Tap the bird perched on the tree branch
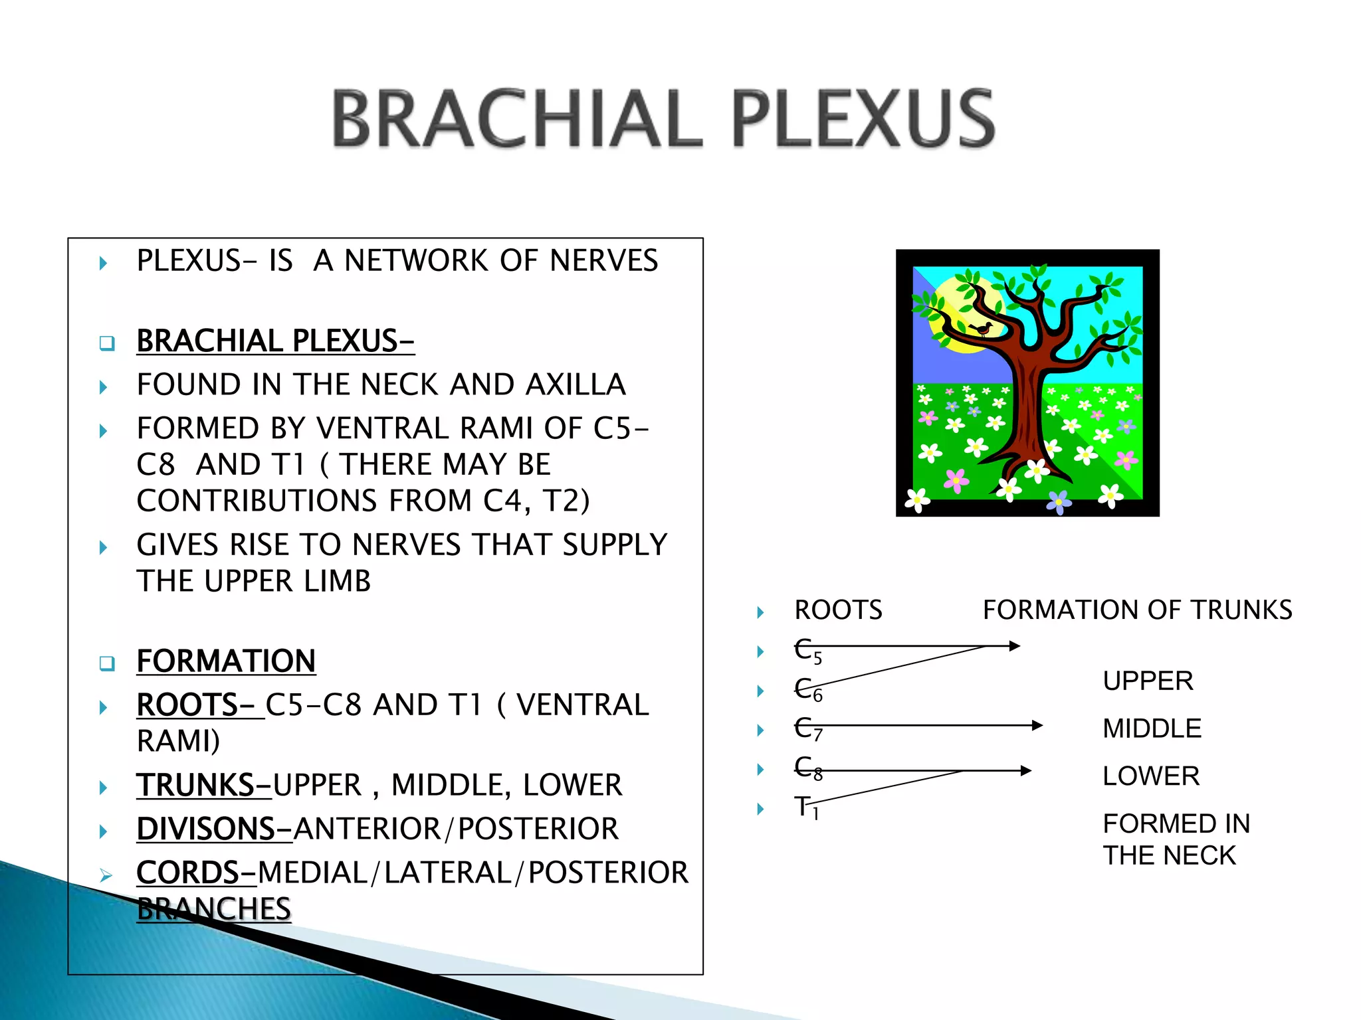tap(982, 328)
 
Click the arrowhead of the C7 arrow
tap(1037, 726)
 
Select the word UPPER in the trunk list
tap(1148, 681)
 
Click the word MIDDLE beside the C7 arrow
tap(1152, 728)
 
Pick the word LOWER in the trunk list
tap(1151, 776)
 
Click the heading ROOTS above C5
tap(838, 610)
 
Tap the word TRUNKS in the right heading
tap(1241, 610)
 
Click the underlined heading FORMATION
tap(226, 661)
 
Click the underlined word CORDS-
tap(196, 873)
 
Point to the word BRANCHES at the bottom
tap(214, 909)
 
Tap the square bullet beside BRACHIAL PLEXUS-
tap(107, 343)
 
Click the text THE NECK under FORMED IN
tap(1169, 855)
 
